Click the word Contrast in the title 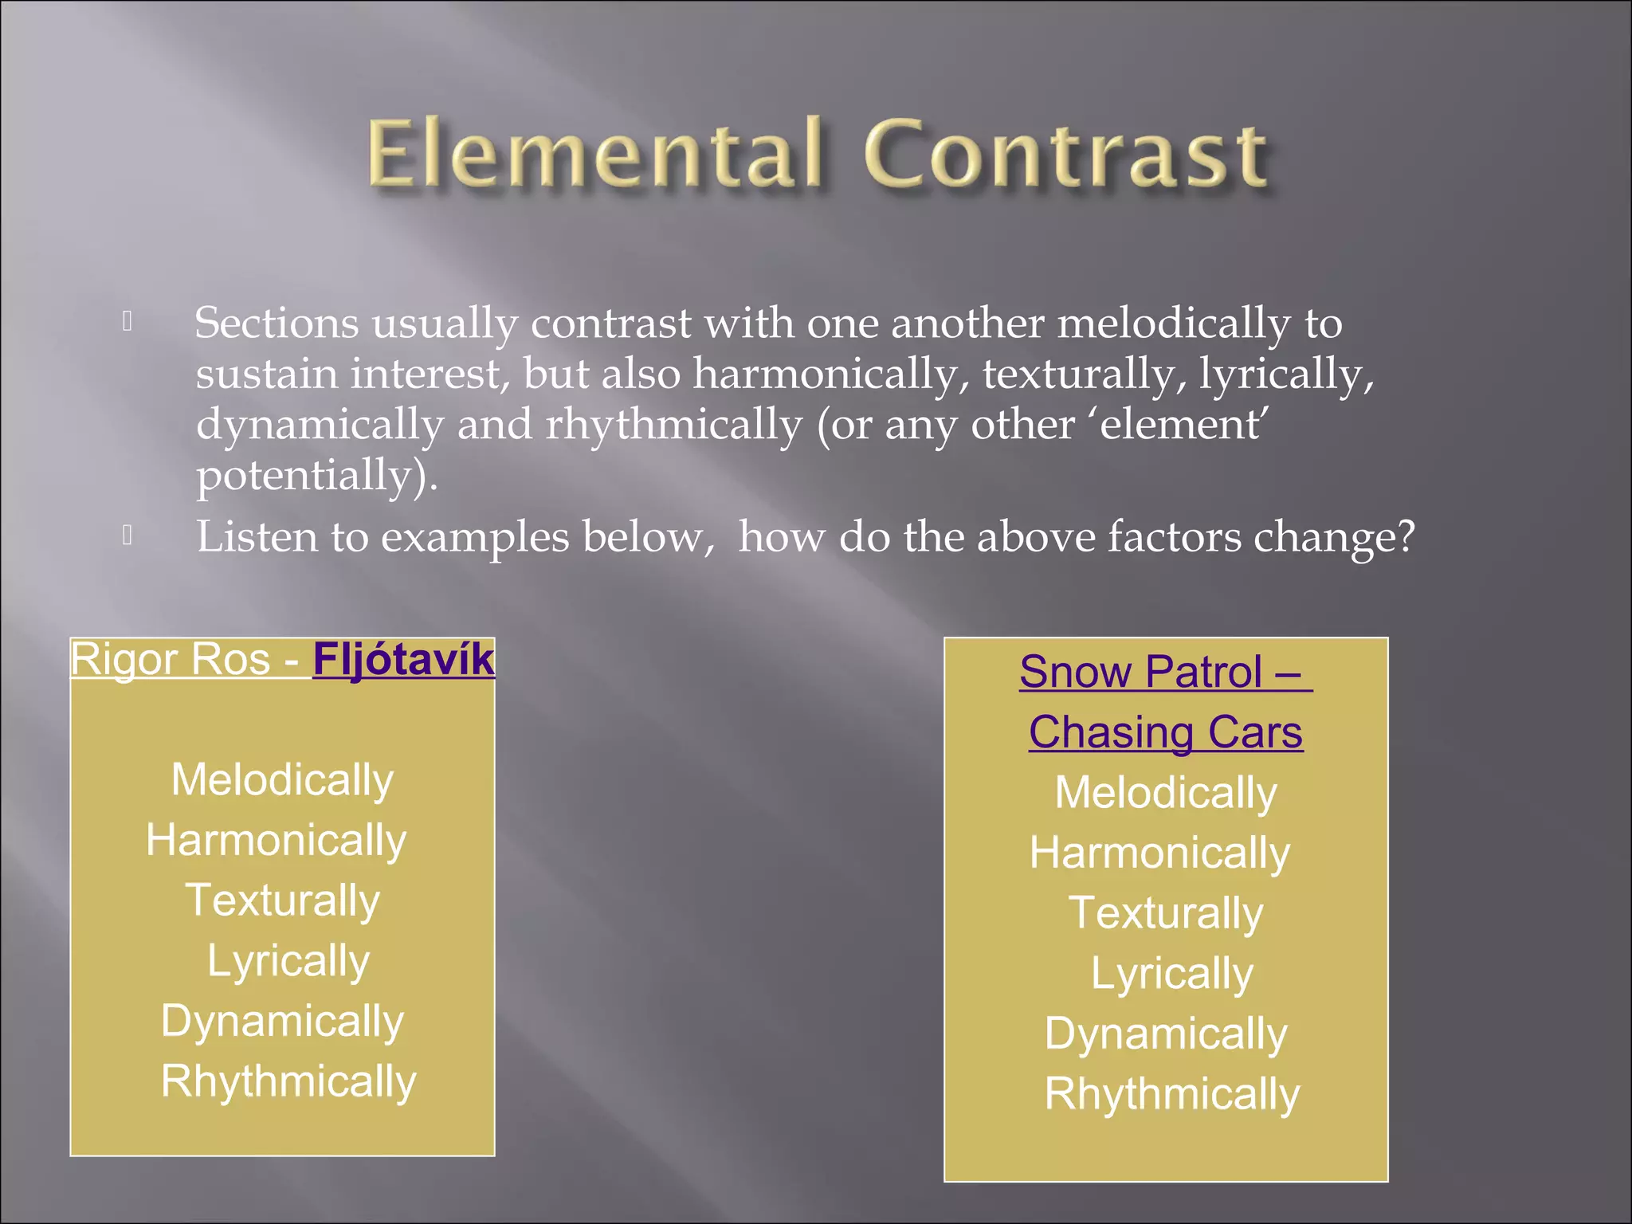tap(1066, 153)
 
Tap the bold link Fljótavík tap(403, 660)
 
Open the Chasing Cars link tap(1165, 732)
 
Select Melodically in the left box tap(282, 780)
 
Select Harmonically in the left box tap(276, 841)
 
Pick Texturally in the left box tap(282, 901)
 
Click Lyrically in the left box tap(288, 962)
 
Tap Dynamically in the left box tap(282, 1022)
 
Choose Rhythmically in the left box tap(288, 1082)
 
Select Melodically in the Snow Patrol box tap(1165, 793)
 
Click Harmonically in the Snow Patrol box tap(1159, 853)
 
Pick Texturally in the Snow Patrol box tap(1165, 913)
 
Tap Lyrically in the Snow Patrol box tap(1171, 974)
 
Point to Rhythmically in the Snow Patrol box tap(1171, 1094)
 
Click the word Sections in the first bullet tap(277, 324)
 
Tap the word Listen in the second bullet tap(257, 537)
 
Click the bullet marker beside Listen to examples tap(127, 535)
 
